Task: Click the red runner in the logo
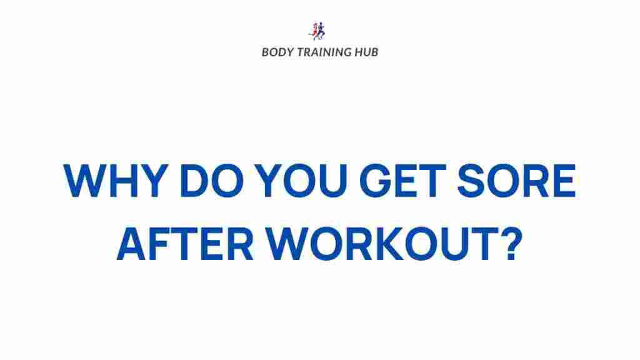click(314, 31)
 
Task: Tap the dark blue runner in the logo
click(321, 31)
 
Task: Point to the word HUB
click(366, 52)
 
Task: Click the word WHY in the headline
click(116, 181)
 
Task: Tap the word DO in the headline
click(212, 181)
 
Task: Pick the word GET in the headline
click(402, 181)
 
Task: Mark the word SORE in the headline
click(516, 181)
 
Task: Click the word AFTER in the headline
click(185, 244)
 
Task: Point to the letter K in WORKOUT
click(388, 244)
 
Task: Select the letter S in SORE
click(471, 181)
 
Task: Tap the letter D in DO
click(194, 181)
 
